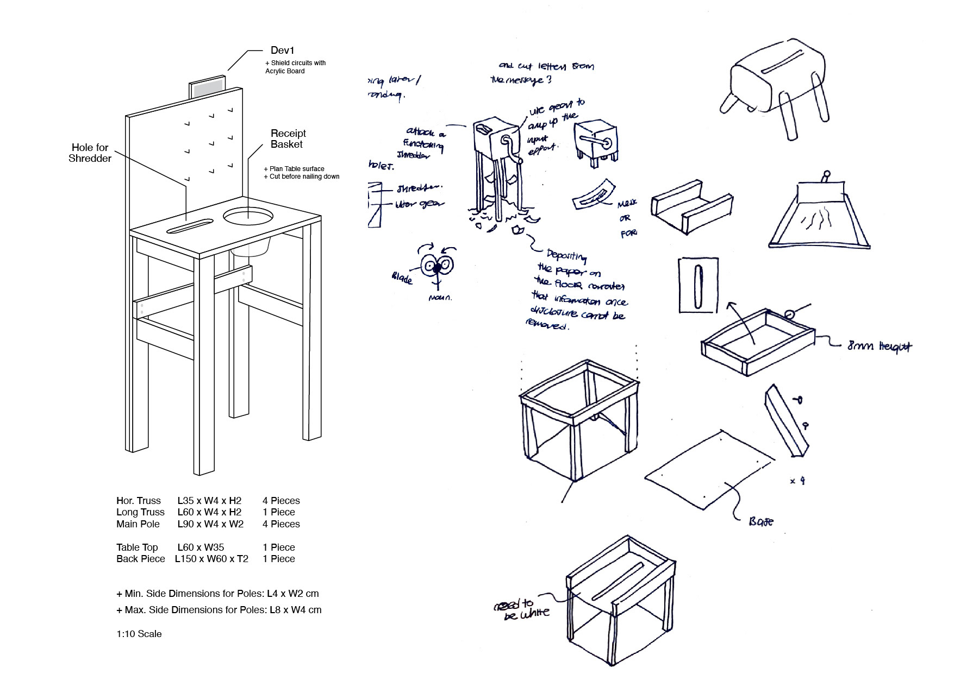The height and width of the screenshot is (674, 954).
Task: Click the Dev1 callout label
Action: click(x=282, y=51)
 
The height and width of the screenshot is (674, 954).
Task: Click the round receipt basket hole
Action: click(x=248, y=218)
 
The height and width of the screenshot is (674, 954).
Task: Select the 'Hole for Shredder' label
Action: click(x=90, y=153)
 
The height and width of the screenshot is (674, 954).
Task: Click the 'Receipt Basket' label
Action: click(x=288, y=138)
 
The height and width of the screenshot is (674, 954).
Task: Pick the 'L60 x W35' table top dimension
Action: click(x=201, y=547)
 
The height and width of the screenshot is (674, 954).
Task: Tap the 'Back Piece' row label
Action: click(x=140, y=559)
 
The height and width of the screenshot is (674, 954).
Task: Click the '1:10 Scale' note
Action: click(x=139, y=634)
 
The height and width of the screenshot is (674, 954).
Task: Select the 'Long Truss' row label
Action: click(x=140, y=512)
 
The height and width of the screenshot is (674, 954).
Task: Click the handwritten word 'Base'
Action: click(x=760, y=521)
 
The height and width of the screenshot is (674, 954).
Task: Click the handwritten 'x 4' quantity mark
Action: click(x=797, y=481)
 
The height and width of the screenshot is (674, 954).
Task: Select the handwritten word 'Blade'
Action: click(x=402, y=278)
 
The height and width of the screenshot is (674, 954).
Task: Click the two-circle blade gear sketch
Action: click(x=438, y=266)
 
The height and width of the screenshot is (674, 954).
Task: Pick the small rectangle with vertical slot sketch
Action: click(x=699, y=285)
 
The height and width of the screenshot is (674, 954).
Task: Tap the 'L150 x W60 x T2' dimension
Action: click(x=211, y=559)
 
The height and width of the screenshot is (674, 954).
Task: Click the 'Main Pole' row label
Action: click(x=138, y=524)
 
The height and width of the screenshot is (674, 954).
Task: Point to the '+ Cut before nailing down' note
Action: click(x=301, y=177)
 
